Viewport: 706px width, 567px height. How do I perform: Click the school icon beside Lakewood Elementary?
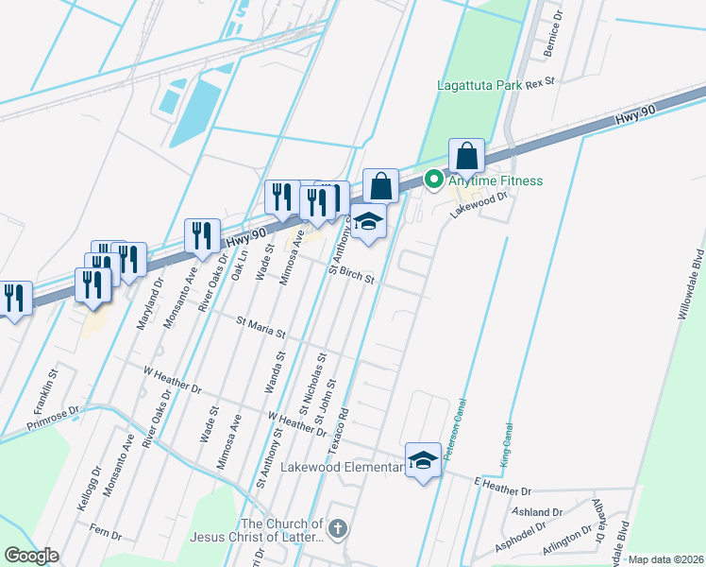(424, 460)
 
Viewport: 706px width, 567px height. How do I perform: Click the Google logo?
(31, 556)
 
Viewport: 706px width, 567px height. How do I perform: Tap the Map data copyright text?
(666, 559)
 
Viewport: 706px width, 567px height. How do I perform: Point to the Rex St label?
(540, 83)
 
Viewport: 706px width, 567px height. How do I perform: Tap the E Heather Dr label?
(503, 491)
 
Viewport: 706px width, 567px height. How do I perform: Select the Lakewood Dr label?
(479, 204)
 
